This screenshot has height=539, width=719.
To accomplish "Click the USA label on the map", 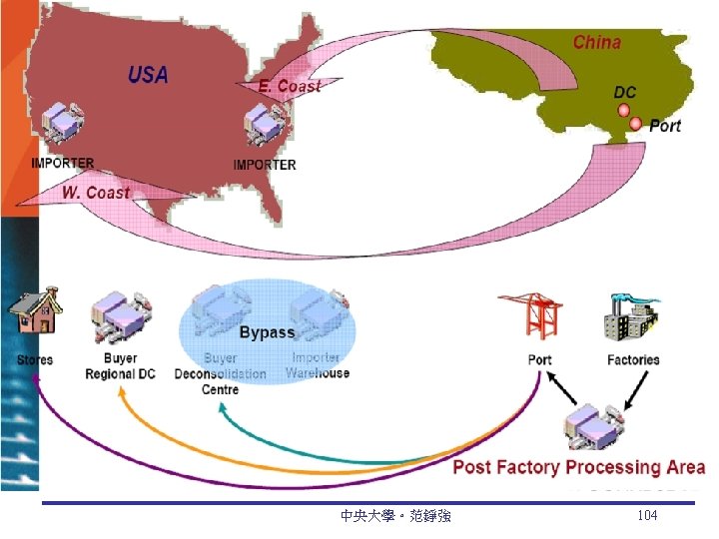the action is pyautogui.click(x=148, y=75).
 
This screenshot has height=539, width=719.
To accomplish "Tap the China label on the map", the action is pyautogui.click(x=596, y=43).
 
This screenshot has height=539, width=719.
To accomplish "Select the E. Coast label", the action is pyautogui.click(x=290, y=87).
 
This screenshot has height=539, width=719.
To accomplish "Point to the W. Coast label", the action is pyautogui.click(x=96, y=192).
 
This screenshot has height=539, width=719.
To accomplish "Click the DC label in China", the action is pyautogui.click(x=624, y=92).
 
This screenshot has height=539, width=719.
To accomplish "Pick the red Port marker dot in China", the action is pyautogui.click(x=635, y=124).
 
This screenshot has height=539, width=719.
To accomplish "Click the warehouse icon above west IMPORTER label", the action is pyautogui.click(x=62, y=126).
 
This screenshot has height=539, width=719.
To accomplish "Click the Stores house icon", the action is pyautogui.click(x=34, y=313).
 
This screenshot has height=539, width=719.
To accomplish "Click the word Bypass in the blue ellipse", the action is pyautogui.click(x=267, y=332).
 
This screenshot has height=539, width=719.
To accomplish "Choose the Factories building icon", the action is pyautogui.click(x=631, y=317).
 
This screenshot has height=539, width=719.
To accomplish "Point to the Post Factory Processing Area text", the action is pyautogui.click(x=578, y=467).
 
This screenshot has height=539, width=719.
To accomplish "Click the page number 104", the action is pyautogui.click(x=647, y=515).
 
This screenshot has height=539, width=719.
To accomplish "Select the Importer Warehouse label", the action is pyautogui.click(x=318, y=365).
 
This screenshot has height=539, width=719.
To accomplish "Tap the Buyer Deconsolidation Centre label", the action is pyautogui.click(x=220, y=373).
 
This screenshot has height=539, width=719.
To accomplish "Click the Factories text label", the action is pyautogui.click(x=633, y=359).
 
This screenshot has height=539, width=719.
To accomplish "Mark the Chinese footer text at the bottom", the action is pyautogui.click(x=395, y=516).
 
